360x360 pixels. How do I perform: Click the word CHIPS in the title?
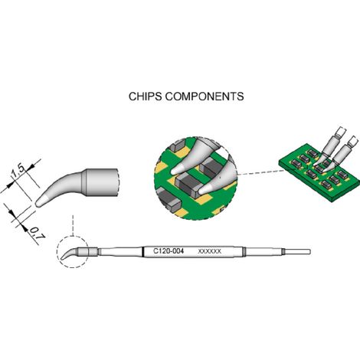point(145,97)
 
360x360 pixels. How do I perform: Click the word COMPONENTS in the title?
point(205,97)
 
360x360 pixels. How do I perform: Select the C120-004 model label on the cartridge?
point(169,251)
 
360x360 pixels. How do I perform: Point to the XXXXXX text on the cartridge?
point(209,251)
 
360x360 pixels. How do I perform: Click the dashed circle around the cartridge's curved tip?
point(57,252)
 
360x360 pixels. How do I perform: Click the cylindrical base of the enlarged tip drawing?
point(100,182)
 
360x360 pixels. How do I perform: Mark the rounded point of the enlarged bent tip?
point(38,204)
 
